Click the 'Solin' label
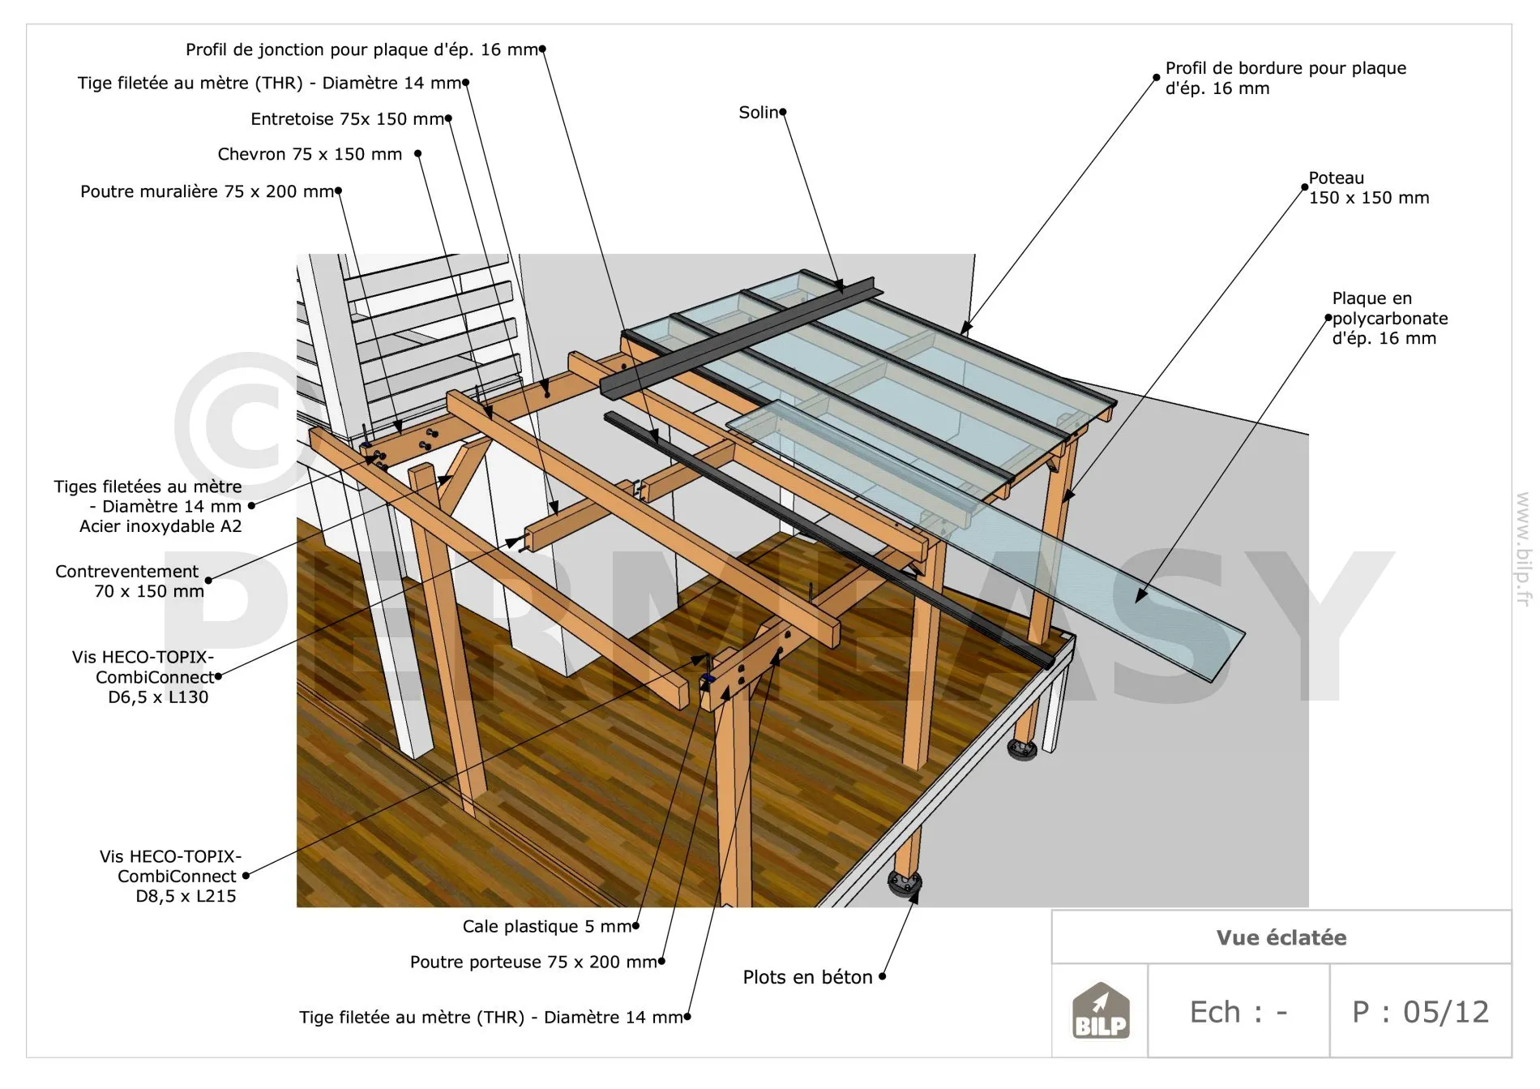758,113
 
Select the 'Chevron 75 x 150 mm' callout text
310,154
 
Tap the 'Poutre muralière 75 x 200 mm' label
207,191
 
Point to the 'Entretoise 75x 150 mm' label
348,119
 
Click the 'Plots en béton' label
807,977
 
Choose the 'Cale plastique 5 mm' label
547,926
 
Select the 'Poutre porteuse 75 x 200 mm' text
533,962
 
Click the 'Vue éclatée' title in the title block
1281,937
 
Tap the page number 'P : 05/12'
1420,1012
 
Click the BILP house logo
1100,1011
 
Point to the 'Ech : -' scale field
1238,1012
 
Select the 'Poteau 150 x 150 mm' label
1368,187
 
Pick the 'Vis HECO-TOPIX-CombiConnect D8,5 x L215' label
170,876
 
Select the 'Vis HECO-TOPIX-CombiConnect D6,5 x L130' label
143,677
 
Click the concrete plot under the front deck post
905,882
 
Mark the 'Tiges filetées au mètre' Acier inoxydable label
148,506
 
